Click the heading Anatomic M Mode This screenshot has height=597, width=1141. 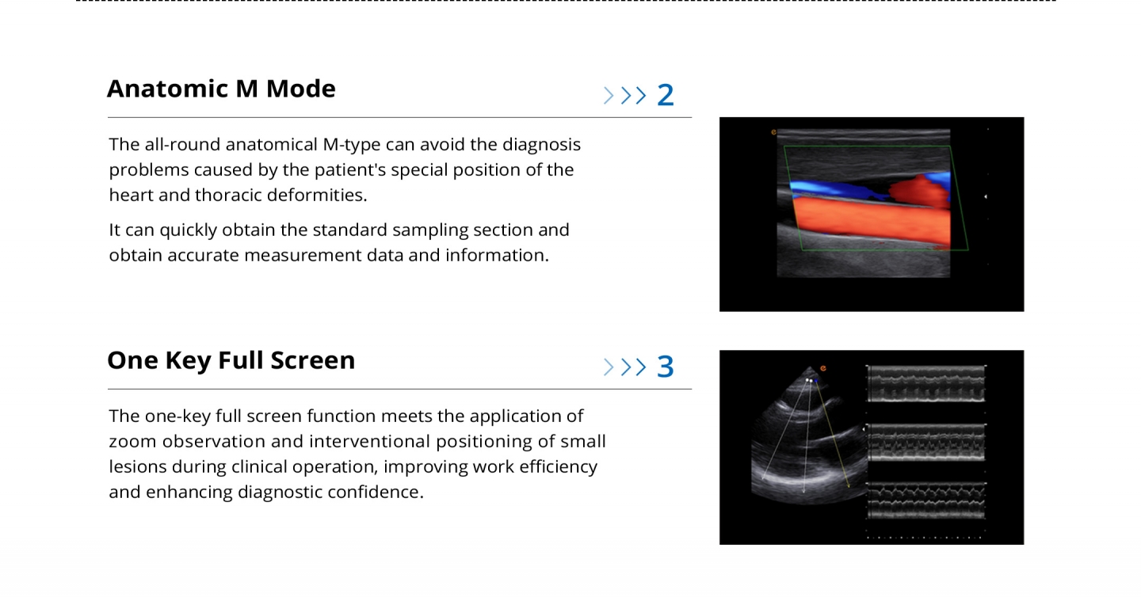click(221, 89)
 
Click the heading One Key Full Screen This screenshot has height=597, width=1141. click(231, 361)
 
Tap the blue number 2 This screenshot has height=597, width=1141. click(666, 95)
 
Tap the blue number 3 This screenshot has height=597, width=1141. click(666, 367)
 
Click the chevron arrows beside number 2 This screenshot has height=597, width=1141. click(625, 96)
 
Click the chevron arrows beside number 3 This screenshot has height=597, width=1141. click(625, 367)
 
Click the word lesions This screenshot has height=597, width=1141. click(138, 466)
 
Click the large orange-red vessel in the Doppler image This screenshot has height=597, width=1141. click(871, 222)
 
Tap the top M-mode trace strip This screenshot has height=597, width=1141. click(926, 384)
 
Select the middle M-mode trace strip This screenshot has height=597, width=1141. click(926, 443)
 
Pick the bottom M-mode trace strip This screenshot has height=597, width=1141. click(926, 501)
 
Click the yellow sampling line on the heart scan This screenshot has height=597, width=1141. click(833, 435)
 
